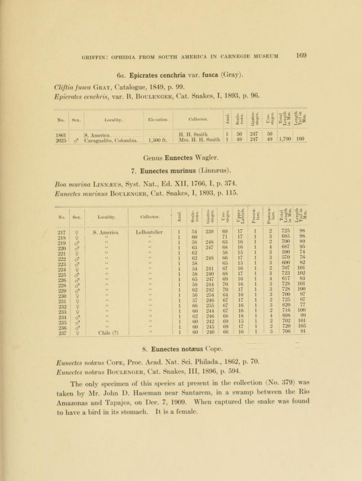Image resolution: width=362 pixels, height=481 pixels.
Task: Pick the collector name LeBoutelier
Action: (x=150, y=232)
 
